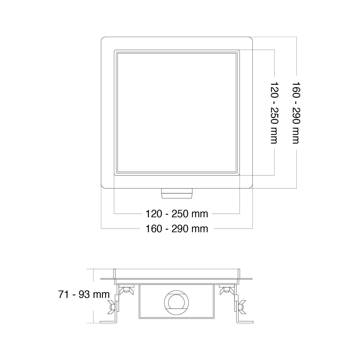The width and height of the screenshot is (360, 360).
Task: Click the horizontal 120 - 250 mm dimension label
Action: pos(177,214)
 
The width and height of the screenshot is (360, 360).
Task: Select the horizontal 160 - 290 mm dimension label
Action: pos(177,229)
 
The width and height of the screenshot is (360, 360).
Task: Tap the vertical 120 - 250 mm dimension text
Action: pos(274,113)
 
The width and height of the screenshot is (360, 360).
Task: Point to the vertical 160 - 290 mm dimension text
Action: pos(296,113)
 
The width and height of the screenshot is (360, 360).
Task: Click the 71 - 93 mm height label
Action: pos(84,294)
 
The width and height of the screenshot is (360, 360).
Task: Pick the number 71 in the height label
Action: pos(63,294)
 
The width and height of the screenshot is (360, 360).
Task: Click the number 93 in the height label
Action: pos(84,294)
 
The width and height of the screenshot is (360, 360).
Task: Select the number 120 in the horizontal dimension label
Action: pos(154,214)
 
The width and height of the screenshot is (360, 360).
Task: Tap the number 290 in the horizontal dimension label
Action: pos(180,229)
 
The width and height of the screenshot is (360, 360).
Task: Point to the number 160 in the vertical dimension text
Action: pos(296,90)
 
